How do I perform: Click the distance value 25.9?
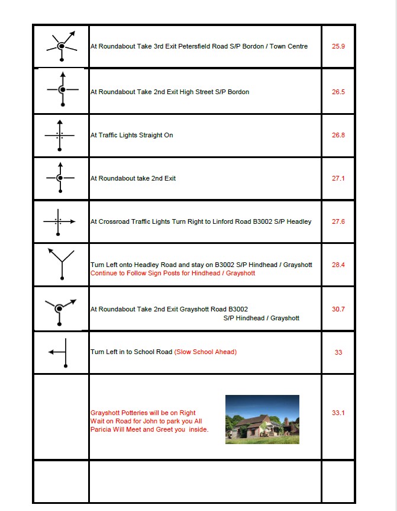pos(338,46)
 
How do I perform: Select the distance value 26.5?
pos(338,92)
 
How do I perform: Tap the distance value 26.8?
pos(338,135)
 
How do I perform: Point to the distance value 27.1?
pos(338,178)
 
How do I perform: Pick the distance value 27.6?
pos(338,221)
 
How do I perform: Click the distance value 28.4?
pos(338,265)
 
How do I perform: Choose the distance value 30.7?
pos(338,309)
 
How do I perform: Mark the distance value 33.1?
pos(338,413)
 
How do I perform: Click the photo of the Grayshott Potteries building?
pos(262,419)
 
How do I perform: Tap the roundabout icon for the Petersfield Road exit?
pos(61,46)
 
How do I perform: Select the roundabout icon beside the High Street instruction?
pos(62,90)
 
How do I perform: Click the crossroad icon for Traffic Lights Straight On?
pos(59,135)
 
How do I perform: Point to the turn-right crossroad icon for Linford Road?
pos(59,221)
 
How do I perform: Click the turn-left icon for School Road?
pos(62,352)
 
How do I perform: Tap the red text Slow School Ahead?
pos(205,352)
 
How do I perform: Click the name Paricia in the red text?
pos(100,429)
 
